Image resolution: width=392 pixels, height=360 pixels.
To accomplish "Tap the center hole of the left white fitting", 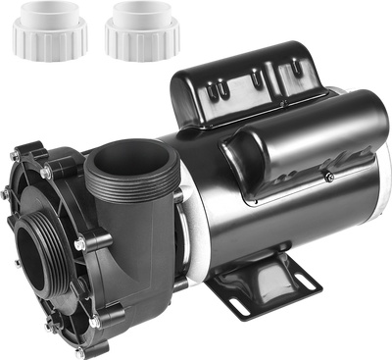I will (45, 17).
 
